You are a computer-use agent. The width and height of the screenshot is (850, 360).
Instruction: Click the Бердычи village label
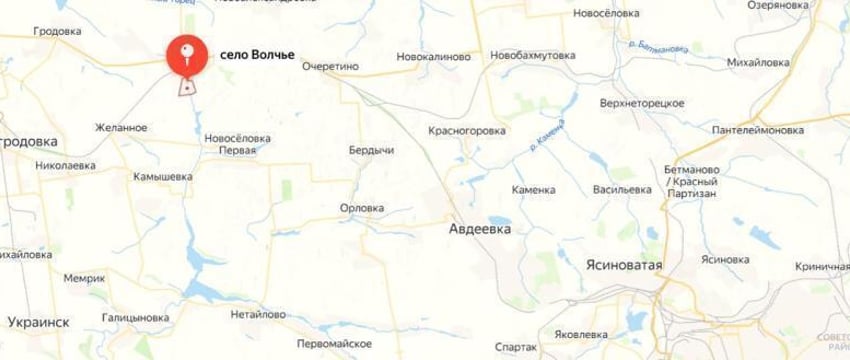click(x=370, y=149)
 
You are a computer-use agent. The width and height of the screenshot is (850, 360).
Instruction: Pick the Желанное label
click(x=122, y=127)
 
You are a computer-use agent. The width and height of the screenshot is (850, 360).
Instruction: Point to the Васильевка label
click(x=622, y=188)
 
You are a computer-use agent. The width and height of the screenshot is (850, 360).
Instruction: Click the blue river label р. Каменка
click(x=547, y=137)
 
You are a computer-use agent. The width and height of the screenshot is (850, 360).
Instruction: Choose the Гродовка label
click(x=57, y=31)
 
